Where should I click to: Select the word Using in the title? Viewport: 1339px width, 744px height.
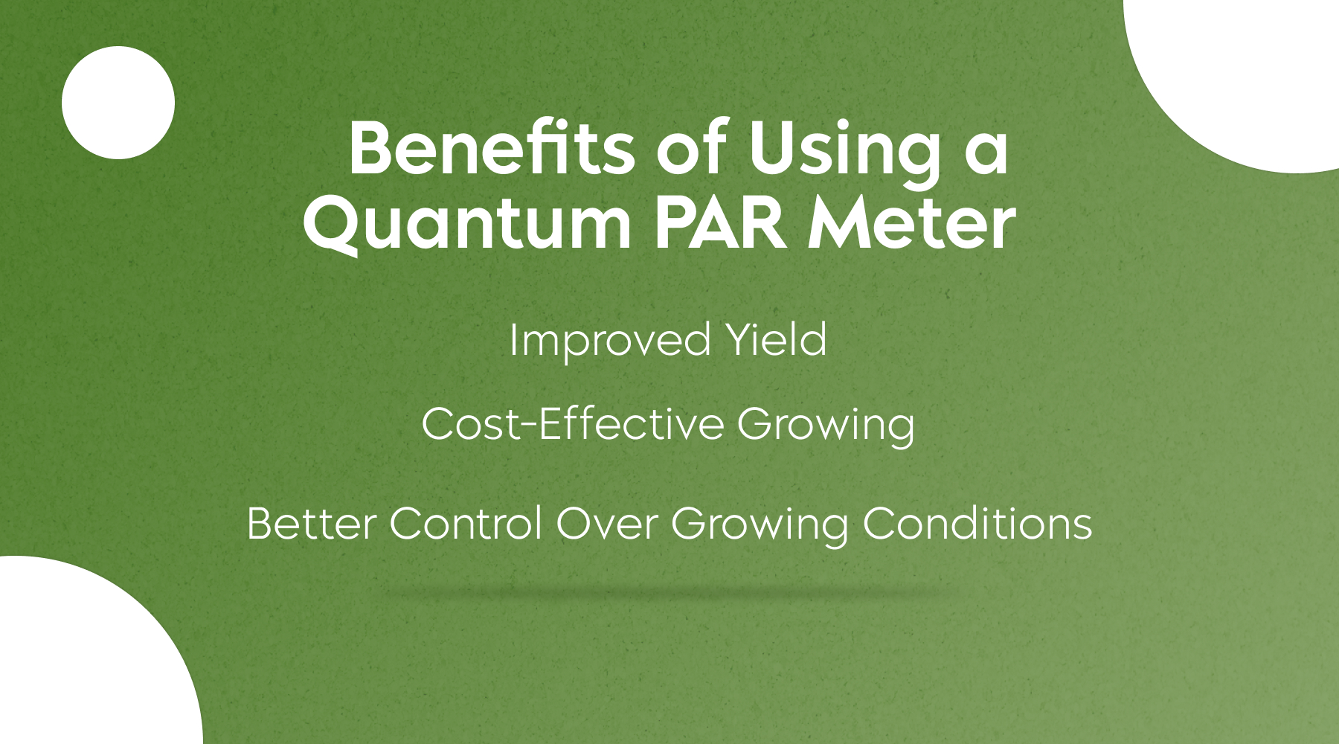pyautogui.click(x=845, y=153)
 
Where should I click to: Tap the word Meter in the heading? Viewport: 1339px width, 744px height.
pyautogui.click(x=912, y=223)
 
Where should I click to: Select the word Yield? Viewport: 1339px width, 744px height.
pyautogui.click(x=776, y=340)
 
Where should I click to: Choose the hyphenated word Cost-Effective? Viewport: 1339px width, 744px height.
pyautogui.click(x=573, y=425)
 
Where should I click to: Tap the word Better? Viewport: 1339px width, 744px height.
pyautogui.click(x=312, y=524)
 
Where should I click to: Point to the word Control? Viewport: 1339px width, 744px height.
pyautogui.click(x=466, y=524)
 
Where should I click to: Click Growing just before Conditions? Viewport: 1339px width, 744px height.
pyautogui.click(x=760, y=527)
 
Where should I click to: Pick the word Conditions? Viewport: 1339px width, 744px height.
pyautogui.click(x=977, y=524)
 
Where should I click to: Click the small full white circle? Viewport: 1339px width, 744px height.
pyautogui.click(x=118, y=103)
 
